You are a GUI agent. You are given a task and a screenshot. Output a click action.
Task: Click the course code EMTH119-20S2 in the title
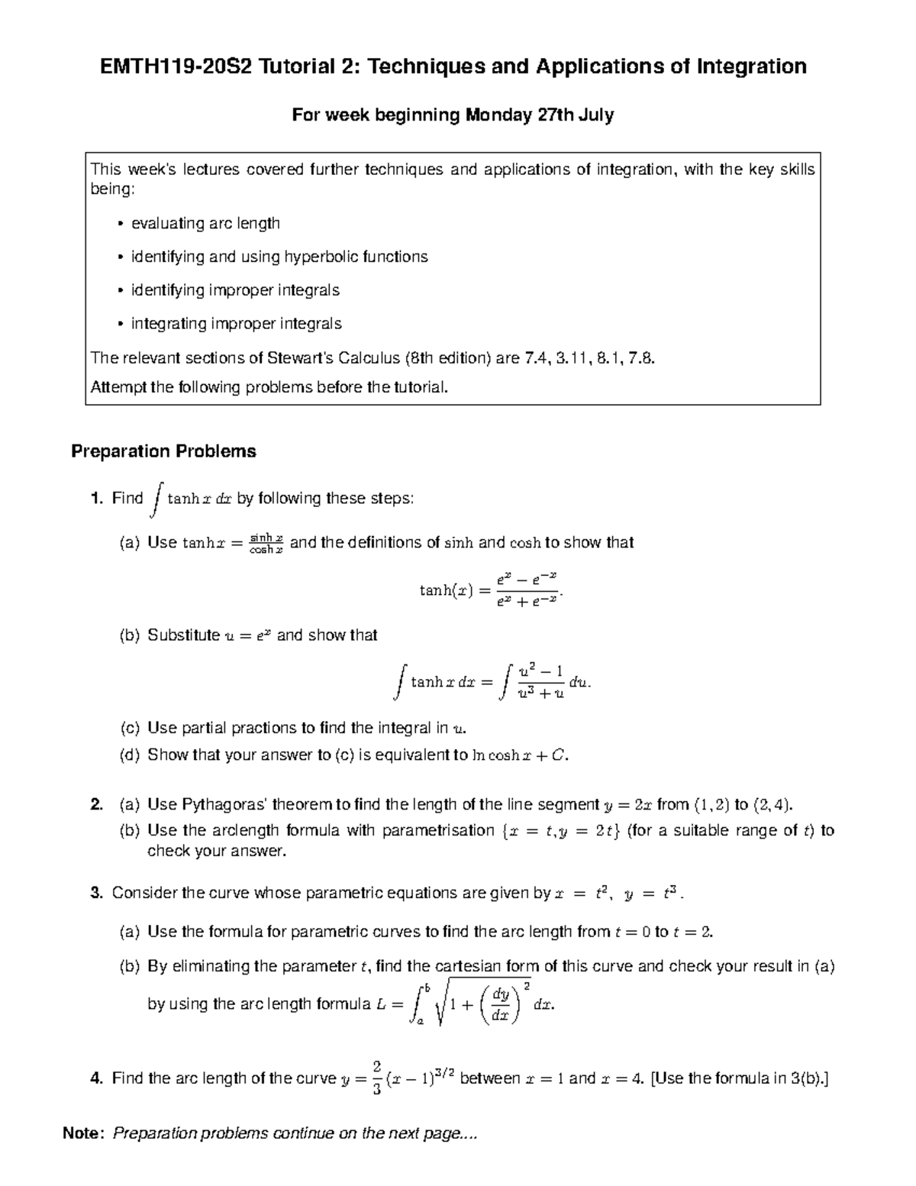click(x=177, y=67)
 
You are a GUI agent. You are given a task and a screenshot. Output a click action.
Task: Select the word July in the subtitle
click(x=596, y=115)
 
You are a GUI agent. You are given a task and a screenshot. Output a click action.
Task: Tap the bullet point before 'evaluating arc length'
click(x=120, y=224)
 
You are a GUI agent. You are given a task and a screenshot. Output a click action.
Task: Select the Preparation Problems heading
click(x=163, y=451)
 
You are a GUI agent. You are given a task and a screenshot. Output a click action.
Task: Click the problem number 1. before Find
click(x=96, y=499)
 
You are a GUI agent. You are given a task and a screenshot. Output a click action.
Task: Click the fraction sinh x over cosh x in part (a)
click(x=266, y=543)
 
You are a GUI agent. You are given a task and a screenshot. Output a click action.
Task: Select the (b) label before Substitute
click(x=130, y=635)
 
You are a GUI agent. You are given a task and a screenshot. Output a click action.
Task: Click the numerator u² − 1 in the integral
click(x=540, y=671)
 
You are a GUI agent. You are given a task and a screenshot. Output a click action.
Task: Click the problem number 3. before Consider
click(x=96, y=893)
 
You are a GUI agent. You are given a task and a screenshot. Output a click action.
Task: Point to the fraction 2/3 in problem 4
click(x=376, y=1078)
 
